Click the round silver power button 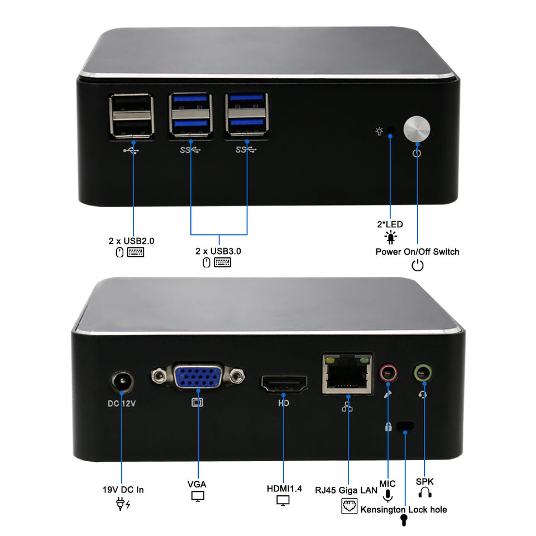click(417, 130)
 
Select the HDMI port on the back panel click(284, 385)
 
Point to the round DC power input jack click(121, 383)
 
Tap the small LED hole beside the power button click(390, 131)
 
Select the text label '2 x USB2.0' click(131, 241)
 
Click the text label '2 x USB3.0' click(218, 251)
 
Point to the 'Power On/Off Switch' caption click(417, 252)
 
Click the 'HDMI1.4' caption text click(284, 489)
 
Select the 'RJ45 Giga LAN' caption click(346, 490)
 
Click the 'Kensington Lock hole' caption click(404, 509)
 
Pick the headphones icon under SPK click(425, 493)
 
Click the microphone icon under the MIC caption click(388, 495)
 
